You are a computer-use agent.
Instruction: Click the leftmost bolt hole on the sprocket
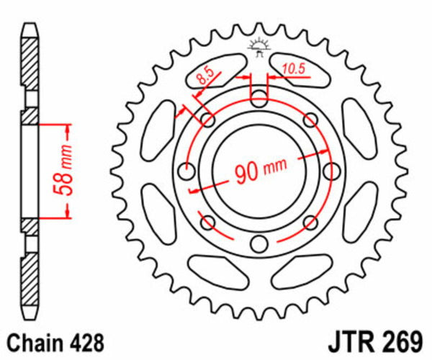coord(187,171)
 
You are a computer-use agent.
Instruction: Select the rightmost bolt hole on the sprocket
coord(332,171)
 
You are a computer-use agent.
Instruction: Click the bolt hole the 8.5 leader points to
coord(208,120)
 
